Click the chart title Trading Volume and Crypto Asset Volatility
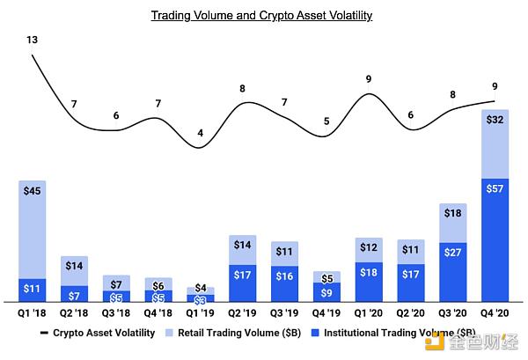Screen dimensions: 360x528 pyautogui.click(x=261, y=16)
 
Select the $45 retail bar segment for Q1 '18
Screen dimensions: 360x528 pyautogui.click(x=32, y=229)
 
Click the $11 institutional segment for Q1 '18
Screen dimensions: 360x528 pyautogui.click(x=32, y=290)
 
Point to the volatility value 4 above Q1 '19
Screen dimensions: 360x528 pyautogui.click(x=201, y=134)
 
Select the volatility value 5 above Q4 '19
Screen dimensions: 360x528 pyautogui.click(x=326, y=121)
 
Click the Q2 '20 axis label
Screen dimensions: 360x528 pyautogui.click(x=411, y=312)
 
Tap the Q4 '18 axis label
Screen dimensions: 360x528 pyautogui.click(x=158, y=312)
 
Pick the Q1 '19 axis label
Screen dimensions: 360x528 pyautogui.click(x=201, y=312)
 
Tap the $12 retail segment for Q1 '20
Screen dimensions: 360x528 pyautogui.click(x=369, y=249)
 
